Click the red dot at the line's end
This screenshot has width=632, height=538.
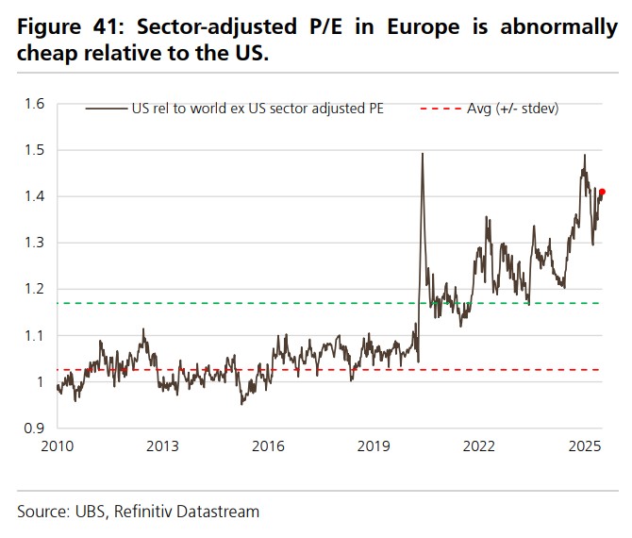pos(602,192)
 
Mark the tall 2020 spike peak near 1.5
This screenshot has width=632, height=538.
pos(422,154)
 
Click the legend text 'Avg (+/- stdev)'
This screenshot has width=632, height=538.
pos(513,109)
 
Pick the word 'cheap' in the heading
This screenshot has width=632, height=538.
pos(45,54)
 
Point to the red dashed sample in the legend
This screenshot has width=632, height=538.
pos(439,109)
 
